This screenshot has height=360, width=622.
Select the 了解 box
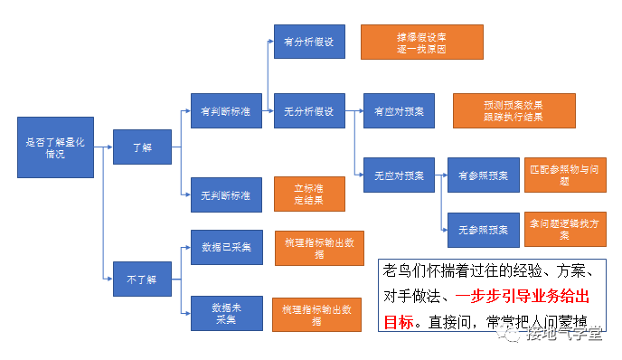pyautogui.click(x=142, y=147)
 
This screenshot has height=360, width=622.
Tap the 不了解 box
pyautogui.click(x=142, y=279)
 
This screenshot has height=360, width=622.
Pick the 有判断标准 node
pyautogui.click(x=226, y=111)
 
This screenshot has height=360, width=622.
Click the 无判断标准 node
pyautogui.click(x=226, y=195)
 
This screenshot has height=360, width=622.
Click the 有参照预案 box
pyautogui.click(x=484, y=175)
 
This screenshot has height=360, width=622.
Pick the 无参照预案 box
pyautogui.click(x=484, y=230)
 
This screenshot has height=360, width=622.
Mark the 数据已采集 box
pyautogui.click(x=226, y=246)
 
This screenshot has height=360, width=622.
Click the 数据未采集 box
pyautogui.click(x=226, y=312)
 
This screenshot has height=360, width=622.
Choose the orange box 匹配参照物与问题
pyautogui.click(x=565, y=175)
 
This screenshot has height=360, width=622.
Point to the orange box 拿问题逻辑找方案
pyautogui.click(x=565, y=229)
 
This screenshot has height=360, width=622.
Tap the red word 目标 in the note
pyautogui.click(x=398, y=322)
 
